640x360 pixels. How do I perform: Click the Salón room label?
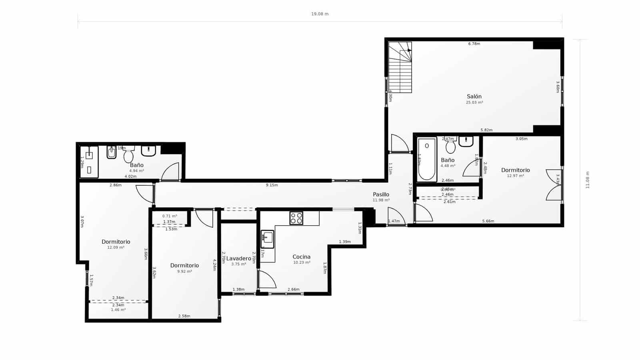[474, 96]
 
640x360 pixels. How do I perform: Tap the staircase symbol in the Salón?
[400, 67]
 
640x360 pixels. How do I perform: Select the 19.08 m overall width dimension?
[320, 14]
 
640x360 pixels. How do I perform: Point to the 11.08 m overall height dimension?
[588, 180]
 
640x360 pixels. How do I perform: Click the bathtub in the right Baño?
[427, 159]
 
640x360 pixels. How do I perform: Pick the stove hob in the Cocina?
[296, 218]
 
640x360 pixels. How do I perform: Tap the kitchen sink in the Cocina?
[267, 239]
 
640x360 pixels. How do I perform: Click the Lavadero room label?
[239, 258]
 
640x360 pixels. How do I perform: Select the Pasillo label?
[381, 194]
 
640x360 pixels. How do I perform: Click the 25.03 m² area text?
[474, 102]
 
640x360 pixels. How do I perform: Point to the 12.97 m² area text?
[515, 176]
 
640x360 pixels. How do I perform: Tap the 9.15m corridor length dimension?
[272, 185]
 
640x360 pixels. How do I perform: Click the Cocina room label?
[301, 257]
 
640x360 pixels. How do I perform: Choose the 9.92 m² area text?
[184, 271]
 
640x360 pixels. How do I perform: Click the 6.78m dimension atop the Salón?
[474, 44]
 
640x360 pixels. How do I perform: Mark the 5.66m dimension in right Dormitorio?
[488, 221]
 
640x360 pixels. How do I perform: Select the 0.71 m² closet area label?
[170, 216]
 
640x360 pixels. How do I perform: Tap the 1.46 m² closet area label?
[118, 310]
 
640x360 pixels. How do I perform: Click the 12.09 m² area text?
[116, 248]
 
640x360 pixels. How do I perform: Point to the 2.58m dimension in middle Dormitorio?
[184, 316]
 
